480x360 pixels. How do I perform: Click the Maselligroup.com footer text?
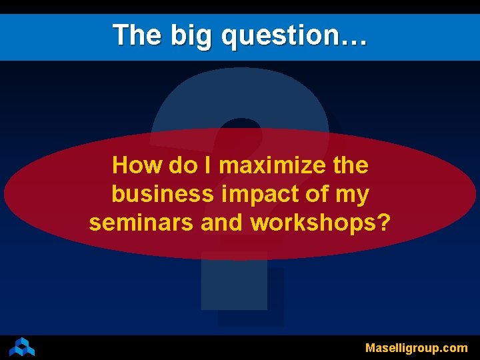click(416, 347)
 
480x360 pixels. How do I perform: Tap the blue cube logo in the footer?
click(22, 347)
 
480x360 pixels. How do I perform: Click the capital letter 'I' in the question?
click(208, 165)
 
